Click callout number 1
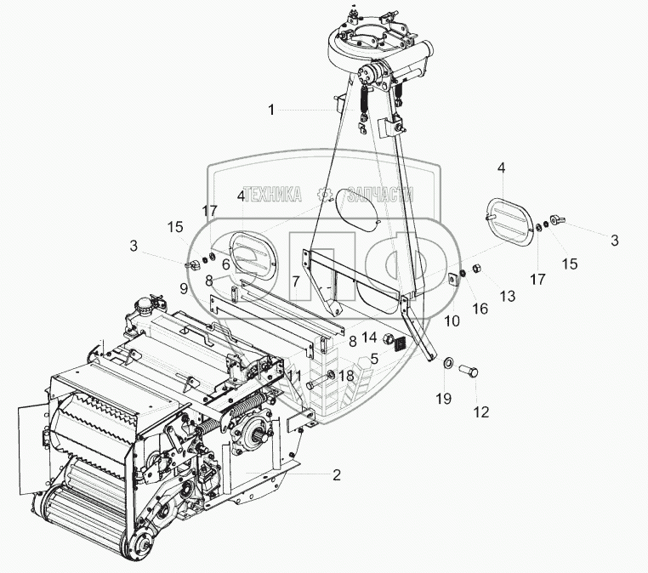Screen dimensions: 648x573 (271, 110)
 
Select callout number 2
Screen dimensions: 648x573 (337, 474)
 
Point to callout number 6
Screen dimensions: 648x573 (226, 264)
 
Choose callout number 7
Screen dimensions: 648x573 (296, 280)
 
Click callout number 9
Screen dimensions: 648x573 (185, 288)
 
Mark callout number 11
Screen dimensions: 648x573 (293, 375)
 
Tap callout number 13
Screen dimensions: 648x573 (507, 295)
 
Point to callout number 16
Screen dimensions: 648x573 (481, 308)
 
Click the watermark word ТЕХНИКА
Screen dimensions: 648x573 (272, 195)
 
